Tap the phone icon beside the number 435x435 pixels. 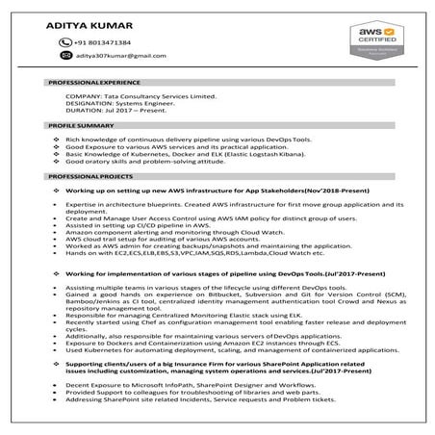(65, 43)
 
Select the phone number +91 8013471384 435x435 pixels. (104, 43)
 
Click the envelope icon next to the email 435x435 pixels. (65, 58)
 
